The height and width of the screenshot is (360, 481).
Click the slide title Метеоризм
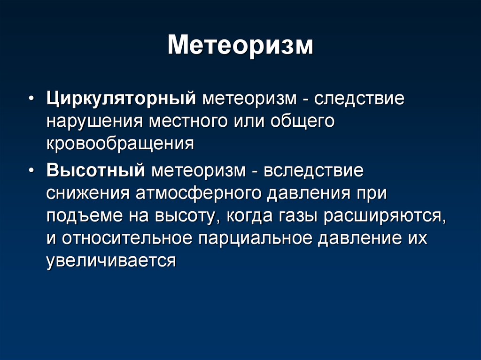coord(240,46)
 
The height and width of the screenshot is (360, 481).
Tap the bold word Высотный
coord(96,170)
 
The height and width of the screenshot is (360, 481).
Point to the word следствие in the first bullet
coord(359,99)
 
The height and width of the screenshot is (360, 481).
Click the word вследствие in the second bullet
coord(313,170)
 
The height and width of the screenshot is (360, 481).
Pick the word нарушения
coord(95,122)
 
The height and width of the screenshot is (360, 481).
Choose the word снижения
coord(88,194)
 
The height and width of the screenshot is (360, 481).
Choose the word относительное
coord(127,238)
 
